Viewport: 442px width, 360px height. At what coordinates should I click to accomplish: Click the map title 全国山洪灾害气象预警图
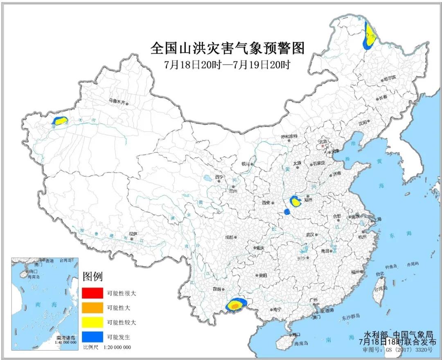[x=228, y=48]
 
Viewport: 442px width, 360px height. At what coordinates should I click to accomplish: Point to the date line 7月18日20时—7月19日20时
[x=228, y=65]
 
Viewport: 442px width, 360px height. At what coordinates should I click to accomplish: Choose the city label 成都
[x=228, y=237]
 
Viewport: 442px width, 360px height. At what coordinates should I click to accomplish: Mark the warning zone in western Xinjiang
[x=60, y=121]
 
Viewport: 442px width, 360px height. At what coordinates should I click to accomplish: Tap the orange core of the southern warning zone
[x=235, y=306]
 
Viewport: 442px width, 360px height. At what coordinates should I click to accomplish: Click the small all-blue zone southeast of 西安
[x=287, y=212]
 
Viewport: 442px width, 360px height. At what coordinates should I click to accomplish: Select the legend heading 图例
[x=92, y=276]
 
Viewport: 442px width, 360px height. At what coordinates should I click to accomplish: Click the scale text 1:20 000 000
[x=117, y=347]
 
